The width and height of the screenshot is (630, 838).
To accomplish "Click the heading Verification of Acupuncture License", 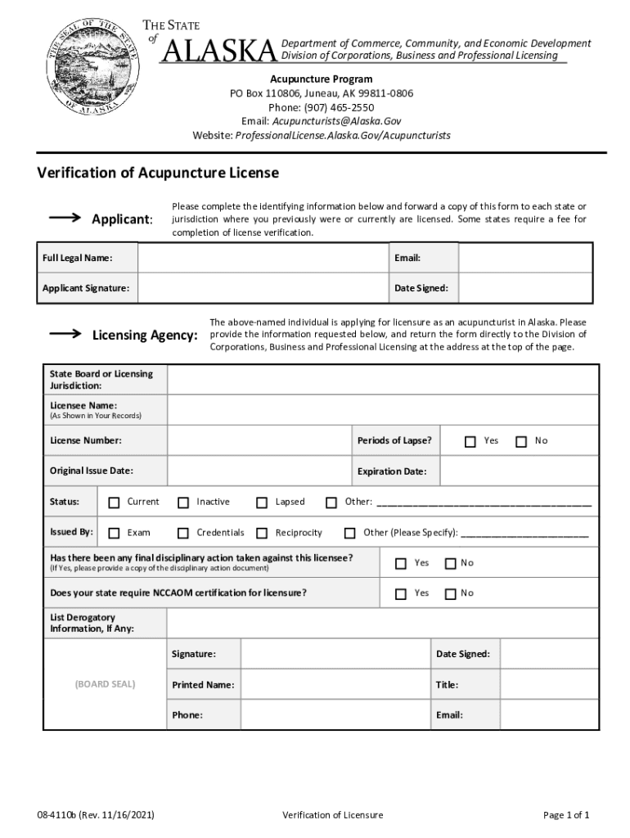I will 158,173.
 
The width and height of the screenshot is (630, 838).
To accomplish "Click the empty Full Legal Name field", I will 263,259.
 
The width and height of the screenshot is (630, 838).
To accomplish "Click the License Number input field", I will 259,441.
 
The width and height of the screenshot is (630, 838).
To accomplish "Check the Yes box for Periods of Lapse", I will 470,442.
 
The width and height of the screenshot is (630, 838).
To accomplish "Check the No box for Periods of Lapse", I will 521,442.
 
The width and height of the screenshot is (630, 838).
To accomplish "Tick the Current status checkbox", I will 114,502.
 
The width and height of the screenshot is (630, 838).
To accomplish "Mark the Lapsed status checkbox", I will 262,502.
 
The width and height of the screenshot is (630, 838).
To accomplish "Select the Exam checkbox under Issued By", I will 114,534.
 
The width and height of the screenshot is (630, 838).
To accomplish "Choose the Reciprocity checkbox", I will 262,534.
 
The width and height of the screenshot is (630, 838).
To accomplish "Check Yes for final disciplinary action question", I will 401,564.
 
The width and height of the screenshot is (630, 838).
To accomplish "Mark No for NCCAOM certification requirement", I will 450,594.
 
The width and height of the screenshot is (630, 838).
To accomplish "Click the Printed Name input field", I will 335,685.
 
